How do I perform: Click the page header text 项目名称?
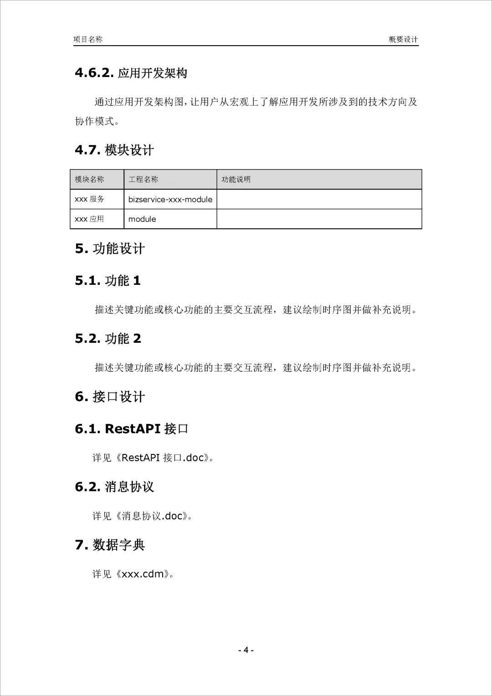88,40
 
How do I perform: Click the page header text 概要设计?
403,40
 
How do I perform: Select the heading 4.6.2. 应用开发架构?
131,73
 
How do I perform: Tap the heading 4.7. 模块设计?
114,150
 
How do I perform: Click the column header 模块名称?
89,180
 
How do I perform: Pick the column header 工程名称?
143,180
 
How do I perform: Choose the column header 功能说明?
236,180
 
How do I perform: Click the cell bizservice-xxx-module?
170,200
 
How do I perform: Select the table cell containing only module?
142,219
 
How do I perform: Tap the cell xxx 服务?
89,199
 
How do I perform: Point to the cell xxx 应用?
89,219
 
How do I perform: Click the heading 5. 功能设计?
110,249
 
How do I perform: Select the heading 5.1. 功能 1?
108,281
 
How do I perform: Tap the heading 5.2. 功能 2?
108,339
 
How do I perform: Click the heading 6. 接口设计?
110,397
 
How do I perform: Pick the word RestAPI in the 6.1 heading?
133,429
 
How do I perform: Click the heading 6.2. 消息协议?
114,487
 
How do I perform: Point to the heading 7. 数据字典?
110,545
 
